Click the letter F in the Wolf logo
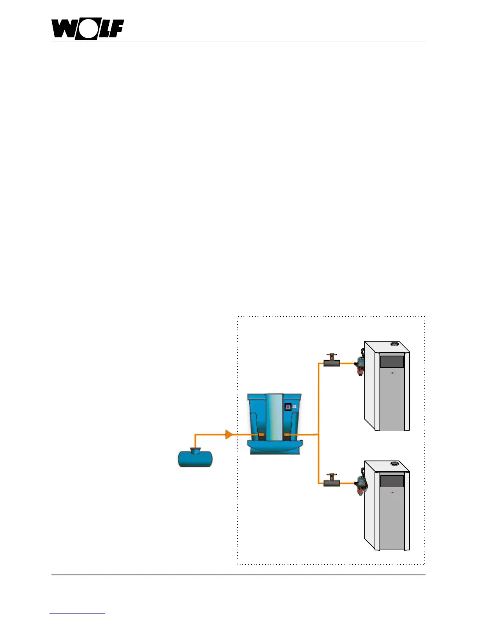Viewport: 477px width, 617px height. (116, 29)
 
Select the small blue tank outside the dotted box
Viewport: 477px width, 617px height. (195, 458)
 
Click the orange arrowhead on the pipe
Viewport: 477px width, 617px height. (229, 434)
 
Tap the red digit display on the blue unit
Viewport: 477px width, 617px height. (288, 407)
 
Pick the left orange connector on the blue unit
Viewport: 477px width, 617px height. (261, 435)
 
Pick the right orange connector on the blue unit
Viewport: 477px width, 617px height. (288, 435)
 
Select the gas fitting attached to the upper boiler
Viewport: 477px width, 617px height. (360, 366)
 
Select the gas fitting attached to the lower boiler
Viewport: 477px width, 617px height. (360, 486)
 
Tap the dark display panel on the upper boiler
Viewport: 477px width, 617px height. (392, 361)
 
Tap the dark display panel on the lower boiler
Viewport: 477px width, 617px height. (392, 481)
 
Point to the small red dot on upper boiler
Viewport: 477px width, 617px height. (392, 373)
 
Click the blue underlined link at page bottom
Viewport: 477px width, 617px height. (77, 613)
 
